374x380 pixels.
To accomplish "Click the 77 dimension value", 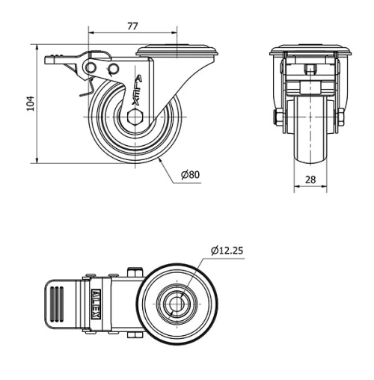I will tap(132, 26).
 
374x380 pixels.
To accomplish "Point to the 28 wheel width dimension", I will tap(309, 180).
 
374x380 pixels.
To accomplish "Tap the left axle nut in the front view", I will tap(278, 117).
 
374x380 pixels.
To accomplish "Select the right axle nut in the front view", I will tap(340, 117).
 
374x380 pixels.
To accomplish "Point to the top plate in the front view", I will tap(309, 51).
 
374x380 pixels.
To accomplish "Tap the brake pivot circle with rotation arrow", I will tap(113, 70).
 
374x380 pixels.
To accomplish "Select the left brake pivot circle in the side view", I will tap(91, 70).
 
